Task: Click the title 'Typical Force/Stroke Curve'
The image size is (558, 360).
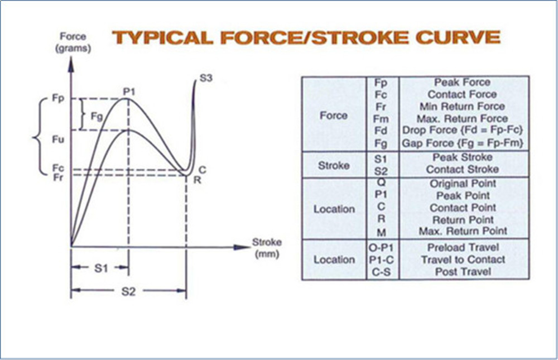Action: (306, 37)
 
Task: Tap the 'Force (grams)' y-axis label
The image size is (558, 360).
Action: (73, 42)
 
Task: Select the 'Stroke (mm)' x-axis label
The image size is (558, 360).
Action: (267, 248)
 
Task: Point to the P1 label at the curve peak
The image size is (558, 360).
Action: (131, 91)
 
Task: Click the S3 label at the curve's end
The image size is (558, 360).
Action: (205, 79)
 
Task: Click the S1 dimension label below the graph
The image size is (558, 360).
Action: (100, 267)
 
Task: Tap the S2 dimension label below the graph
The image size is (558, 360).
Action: (128, 291)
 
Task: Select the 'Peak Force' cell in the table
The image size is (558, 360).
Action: (462, 83)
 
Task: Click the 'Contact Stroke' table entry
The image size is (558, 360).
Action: (462, 169)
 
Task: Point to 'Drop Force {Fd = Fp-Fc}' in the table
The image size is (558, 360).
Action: (462, 131)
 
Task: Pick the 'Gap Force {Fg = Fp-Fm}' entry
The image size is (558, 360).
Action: (462, 143)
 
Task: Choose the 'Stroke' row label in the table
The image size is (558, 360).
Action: (334, 165)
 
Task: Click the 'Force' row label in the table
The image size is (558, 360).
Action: (334, 116)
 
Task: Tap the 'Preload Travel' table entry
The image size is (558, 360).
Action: (462, 247)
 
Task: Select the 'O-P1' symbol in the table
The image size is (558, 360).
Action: (382, 247)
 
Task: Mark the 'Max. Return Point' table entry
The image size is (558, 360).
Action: (462, 231)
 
